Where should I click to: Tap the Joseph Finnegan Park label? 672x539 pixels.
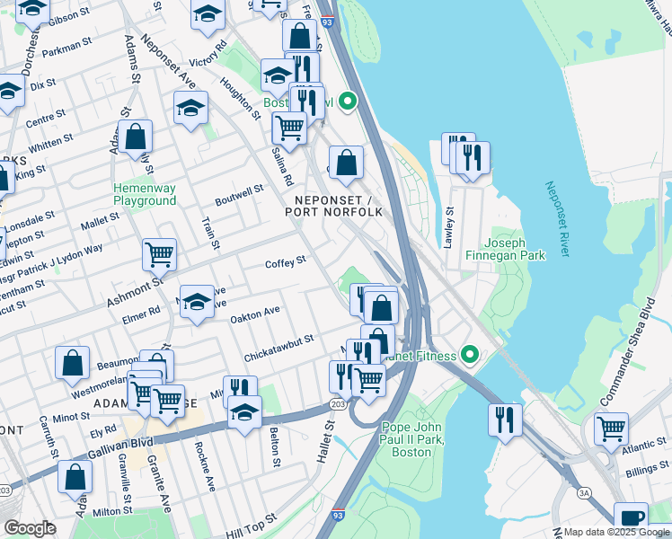pos(515,249)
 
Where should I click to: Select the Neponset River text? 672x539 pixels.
pos(557,219)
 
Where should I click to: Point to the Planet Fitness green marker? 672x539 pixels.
pos(467,356)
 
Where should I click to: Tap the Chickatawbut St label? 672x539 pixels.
pos(278,348)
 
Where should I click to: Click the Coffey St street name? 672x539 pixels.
pos(286,261)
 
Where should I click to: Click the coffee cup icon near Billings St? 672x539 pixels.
pos(631,517)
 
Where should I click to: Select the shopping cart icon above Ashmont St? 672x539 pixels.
pos(159,253)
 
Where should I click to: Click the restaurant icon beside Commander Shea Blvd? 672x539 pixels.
pos(506,418)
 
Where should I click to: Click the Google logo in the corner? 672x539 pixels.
pos(30,528)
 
